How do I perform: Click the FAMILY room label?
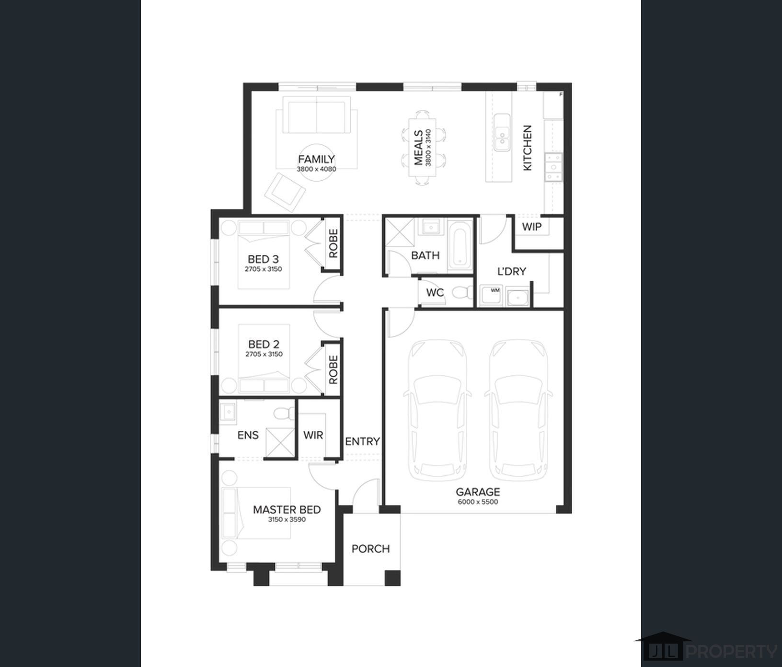[316, 159]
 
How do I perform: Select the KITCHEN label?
[527, 148]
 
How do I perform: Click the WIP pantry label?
[531, 227]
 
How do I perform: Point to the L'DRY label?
[512, 271]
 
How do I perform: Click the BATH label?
[425, 255]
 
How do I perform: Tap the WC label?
[435, 292]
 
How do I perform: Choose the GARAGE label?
[478, 492]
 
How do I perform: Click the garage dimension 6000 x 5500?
[478, 502]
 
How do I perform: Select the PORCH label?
[371, 549]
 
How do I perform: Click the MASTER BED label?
[287, 510]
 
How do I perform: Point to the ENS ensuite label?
[248, 435]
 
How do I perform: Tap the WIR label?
[313, 435]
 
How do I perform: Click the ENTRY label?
[363, 441]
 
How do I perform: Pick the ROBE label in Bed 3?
[333, 243]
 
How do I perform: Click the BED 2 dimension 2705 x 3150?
[264, 354]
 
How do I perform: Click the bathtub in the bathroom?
[461, 246]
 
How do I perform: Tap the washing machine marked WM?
[491, 295]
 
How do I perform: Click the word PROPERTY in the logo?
[732, 652]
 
